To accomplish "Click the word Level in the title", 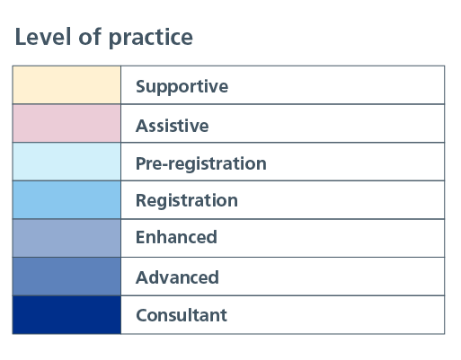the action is (43, 37).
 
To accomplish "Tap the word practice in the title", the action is (151, 38).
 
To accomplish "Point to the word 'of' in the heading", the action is (90, 37).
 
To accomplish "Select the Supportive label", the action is (182, 86).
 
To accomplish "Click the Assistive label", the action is (173, 126).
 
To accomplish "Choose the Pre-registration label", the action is (201, 164).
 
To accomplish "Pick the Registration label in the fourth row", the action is (187, 200).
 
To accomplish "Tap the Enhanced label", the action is (176, 237).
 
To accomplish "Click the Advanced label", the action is (177, 277).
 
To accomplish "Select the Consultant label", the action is (182, 315).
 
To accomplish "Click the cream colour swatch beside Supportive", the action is (66, 85).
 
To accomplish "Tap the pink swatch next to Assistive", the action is (66, 123).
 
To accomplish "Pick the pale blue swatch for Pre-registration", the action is (66, 162).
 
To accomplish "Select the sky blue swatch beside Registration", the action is (66, 200).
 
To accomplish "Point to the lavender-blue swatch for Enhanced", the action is (66, 238).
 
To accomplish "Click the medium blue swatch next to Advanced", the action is (66, 277).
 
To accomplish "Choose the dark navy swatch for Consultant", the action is (66, 315).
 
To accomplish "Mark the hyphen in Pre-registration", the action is (164, 165).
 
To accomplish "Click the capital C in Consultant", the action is (143, 315).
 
